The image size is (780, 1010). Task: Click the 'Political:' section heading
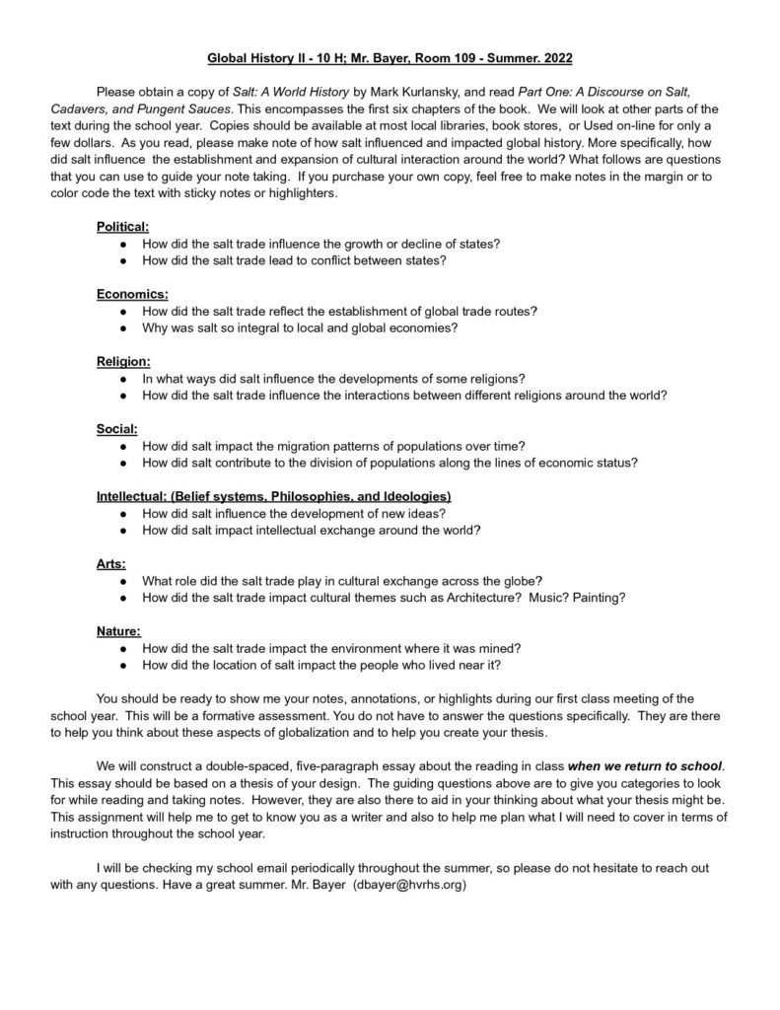point(122,227)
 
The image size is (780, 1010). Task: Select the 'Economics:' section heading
point(132,294)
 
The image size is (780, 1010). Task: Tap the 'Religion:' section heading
point(123,362)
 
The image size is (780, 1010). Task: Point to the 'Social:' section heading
point(117,429)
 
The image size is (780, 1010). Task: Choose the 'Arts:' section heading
point(112,564)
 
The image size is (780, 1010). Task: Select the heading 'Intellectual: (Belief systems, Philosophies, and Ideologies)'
point(274,496)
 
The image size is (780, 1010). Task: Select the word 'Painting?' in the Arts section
point(595,598)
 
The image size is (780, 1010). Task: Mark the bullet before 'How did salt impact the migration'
point(121,446)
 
